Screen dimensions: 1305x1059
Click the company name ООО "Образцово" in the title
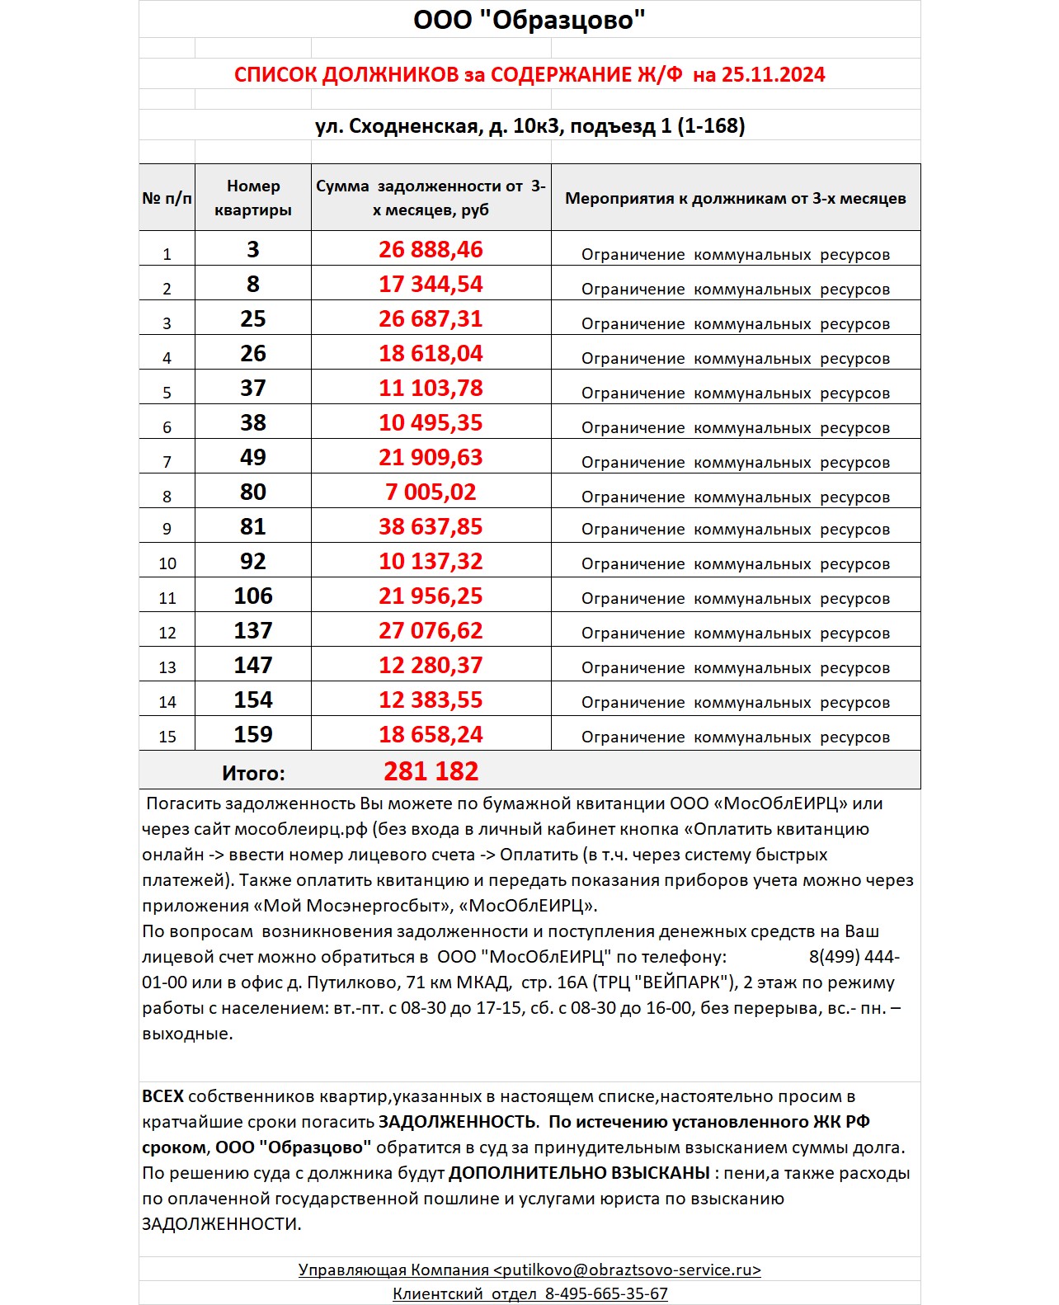529,20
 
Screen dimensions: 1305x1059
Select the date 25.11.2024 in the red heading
773,75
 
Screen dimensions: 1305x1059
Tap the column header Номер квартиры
253,198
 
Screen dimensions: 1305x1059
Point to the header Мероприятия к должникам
735,198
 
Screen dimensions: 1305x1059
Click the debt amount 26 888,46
431,249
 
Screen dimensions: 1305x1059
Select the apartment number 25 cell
253,318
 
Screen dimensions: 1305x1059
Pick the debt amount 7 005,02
431,492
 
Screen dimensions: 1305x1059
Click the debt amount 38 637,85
431,526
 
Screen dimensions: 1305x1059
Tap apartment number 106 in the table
253,596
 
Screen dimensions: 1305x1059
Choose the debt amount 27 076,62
431,630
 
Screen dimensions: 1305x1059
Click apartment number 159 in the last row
253,734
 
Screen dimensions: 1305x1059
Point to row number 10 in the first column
167,563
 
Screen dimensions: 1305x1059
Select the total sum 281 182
431,771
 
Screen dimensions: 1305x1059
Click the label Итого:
253,773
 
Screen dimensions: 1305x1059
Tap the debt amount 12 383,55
431,700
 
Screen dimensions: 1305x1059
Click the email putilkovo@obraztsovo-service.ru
627,1270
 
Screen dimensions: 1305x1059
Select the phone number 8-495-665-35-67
606,1293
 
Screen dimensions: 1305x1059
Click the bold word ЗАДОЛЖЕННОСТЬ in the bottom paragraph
457,1122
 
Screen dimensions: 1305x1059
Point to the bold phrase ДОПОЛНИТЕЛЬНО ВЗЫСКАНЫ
579,1173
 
